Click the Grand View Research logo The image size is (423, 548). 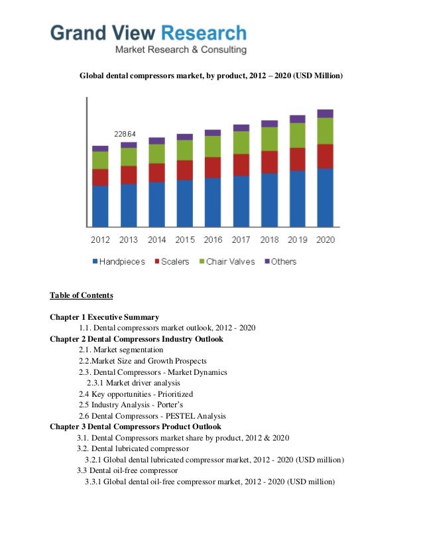[x=149, y=38]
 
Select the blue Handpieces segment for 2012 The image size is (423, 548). [x=100, y=206]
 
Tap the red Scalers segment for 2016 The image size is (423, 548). [x=213, y=167]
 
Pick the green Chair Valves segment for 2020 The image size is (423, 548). [x=325, y=131]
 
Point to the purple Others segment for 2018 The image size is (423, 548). [x=269, y=123]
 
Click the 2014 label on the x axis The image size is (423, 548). [x=156, y=240]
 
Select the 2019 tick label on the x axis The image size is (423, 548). [x=297, y=240]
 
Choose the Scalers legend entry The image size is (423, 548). [x=171, y=261]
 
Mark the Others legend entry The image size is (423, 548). [x=280, y=261]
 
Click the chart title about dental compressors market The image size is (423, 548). [x=211, y=76]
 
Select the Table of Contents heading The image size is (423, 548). [x=82, y=295]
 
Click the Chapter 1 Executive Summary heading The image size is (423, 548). [x=104, y=317]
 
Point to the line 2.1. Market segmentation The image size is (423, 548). [x=121, y=350]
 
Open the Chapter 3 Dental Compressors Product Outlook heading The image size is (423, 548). [x=135, y=427]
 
